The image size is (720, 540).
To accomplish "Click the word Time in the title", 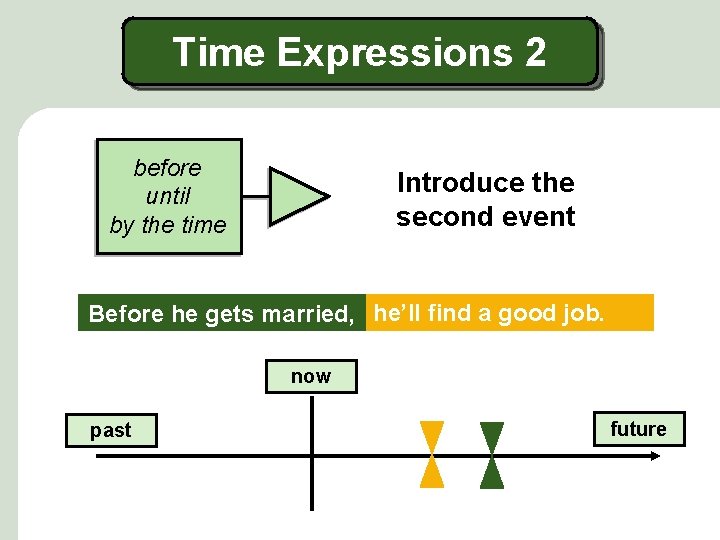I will (x=219, y=52).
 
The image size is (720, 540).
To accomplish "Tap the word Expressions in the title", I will (x=392, y=52).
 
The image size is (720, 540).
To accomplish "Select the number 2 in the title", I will (x=534, y=52).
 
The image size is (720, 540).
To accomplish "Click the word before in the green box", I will (x=168, y=168).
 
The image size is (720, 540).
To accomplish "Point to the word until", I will (x=168, y=196).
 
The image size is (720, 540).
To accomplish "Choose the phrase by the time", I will (x=168, y=225).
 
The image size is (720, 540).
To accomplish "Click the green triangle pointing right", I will (x=297, y=195).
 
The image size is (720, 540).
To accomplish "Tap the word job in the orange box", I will (x=582, y=313).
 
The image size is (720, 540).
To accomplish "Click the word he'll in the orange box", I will (x=397, y=313).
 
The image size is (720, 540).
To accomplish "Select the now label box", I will (x=311, y=376).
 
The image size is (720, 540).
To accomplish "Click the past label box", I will (x=111, y=430).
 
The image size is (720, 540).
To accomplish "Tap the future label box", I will (x=638, y=429).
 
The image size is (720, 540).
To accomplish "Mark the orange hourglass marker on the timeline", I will (x=432, y=455).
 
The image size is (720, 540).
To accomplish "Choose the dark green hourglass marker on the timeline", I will (x=492, y=455).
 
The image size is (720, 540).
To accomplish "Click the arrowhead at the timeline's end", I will (x=654, y=456).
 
